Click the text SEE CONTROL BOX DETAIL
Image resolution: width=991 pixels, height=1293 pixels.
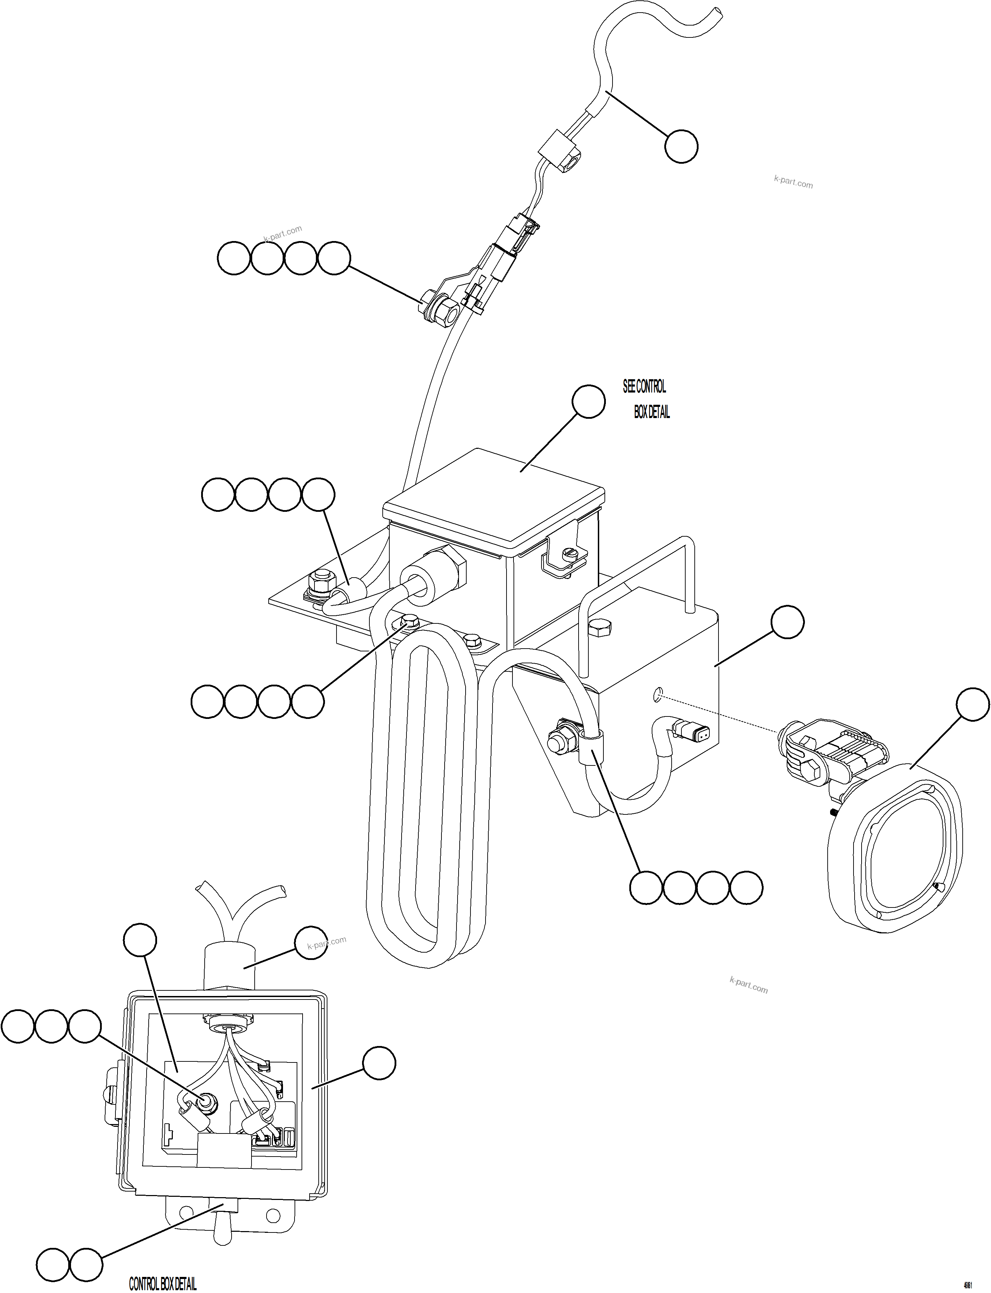tap(646, 399)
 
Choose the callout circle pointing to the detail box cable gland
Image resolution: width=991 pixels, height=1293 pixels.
tap(311, 942)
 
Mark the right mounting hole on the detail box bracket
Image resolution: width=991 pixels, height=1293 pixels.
tap(272, 1215)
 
